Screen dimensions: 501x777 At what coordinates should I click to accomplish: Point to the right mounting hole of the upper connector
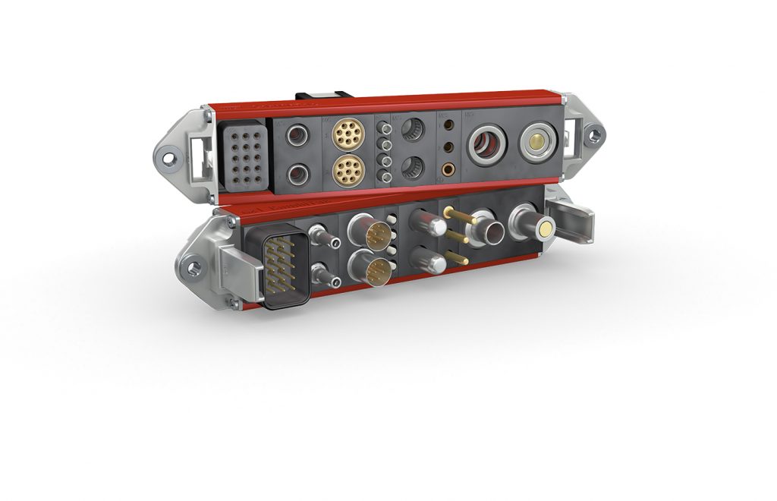tap(593, 136)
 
